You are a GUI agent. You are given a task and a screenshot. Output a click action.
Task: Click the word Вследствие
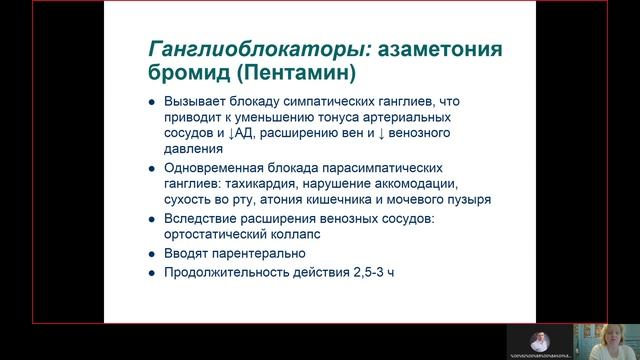tap(198, 219)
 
